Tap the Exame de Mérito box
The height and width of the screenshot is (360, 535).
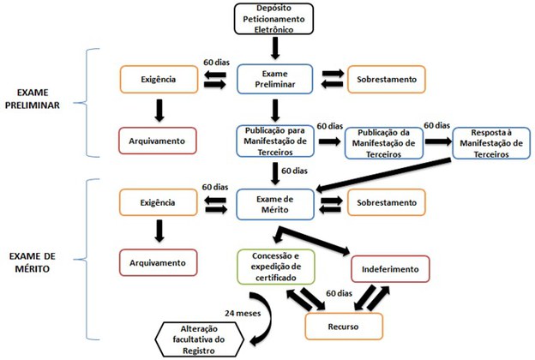pyautogui.click(x=274, y=202)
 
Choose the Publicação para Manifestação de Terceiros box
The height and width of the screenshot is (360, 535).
pyautogui.click(x=274, y=139)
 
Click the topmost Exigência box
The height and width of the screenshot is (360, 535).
pyautogui.click(x=157, y=81)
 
